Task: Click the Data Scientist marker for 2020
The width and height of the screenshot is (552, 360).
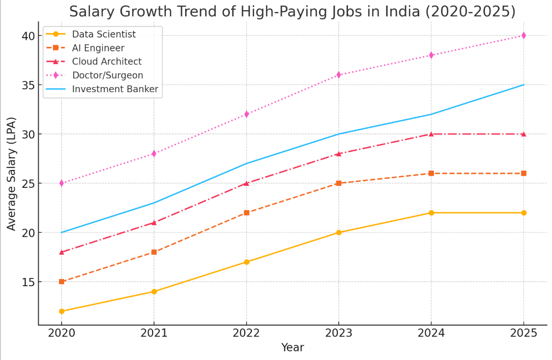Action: pos(62,311)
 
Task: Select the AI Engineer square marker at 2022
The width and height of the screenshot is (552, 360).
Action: pos(246,213)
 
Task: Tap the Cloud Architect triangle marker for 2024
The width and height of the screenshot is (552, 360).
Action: pos(431,134)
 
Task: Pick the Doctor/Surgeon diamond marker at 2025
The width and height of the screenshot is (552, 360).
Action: pos(524,36)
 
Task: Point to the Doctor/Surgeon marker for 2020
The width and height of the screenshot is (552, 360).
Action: pos(62,183)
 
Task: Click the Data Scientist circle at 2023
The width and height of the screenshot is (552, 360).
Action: pos(339,233)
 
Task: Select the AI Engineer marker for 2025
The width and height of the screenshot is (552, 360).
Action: pos(524,174)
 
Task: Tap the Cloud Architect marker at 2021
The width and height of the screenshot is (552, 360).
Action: pos(154,223)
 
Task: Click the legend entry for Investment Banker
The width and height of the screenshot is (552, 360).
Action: pos(115,89)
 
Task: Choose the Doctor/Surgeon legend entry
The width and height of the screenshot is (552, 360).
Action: pos(107,75)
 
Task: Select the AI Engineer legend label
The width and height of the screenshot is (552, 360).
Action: pos(98,48)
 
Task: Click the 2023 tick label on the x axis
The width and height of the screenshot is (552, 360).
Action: pos(339,333)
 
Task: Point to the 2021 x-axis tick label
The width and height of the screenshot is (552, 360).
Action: pos(154,333)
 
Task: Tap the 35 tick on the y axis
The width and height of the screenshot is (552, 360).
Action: pos(28,85)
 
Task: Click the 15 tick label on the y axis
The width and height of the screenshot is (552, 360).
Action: pos(28,282)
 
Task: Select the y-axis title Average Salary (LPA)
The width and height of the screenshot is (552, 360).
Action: pos(12,174)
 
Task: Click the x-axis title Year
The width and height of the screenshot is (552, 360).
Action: pos(293,348)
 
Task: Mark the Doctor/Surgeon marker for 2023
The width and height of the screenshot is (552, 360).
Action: pos(339,75)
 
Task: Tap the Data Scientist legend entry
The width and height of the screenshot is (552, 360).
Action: pos(104,35)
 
